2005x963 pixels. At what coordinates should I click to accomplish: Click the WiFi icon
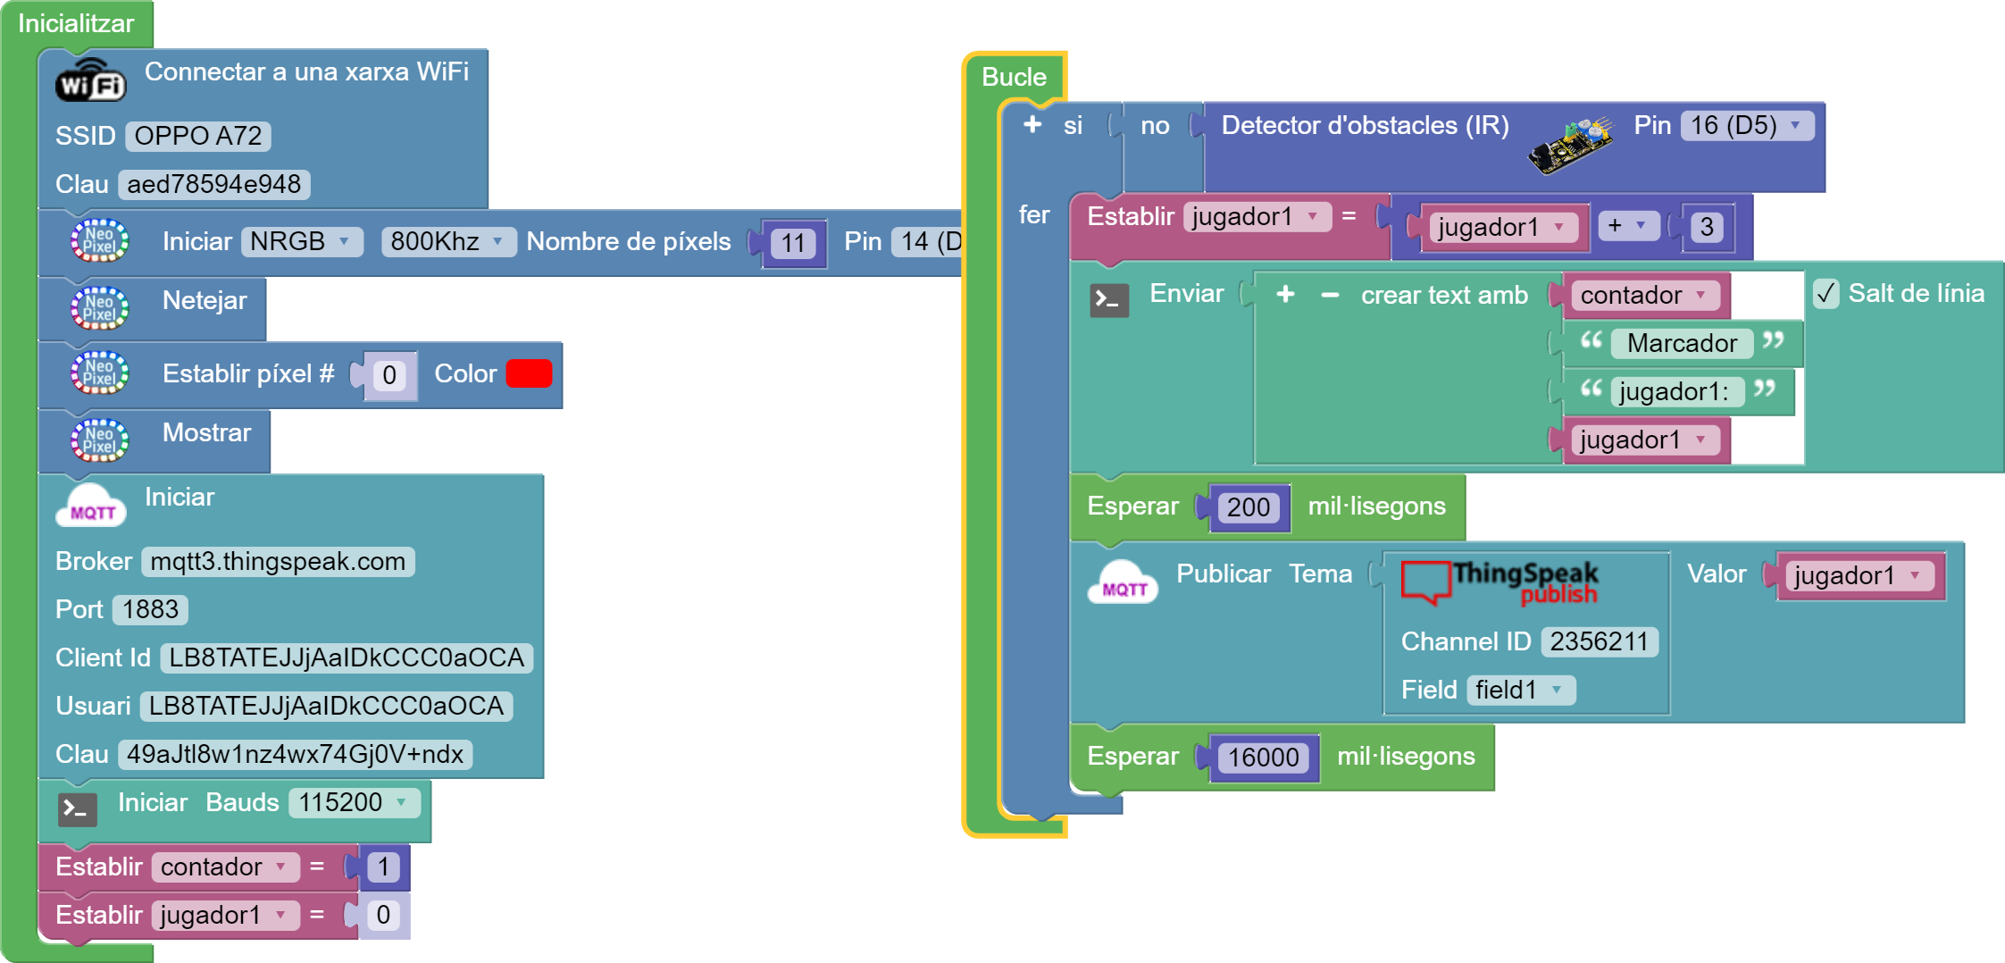(90, 80)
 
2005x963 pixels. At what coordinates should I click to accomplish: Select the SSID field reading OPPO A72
(197, 136)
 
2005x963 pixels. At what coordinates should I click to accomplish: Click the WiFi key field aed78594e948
(213, 184)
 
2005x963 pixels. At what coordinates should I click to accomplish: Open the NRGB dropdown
(301, 241)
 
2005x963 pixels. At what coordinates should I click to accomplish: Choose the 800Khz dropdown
(447, 241)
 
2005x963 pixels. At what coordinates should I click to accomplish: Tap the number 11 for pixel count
(793, 243)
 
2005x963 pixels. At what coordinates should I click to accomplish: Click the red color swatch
(529, 373)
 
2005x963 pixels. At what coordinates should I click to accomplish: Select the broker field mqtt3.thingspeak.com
(278, 561)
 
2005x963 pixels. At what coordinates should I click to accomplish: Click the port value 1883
(150, 609)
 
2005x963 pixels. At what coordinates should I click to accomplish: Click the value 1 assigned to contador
(383, 867)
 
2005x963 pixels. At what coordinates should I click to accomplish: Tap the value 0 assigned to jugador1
(383, 915)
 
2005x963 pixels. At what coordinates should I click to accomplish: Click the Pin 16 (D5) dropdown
(1746, 125)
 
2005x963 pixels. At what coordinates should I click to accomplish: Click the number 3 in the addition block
(1707, 227)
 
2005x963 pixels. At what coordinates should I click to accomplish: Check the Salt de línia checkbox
(1826, 293)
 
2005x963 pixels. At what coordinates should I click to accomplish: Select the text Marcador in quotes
(1682, 343)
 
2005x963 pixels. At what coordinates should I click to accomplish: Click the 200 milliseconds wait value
(1248, 507)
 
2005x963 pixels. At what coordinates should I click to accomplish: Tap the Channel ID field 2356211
(1599, 641)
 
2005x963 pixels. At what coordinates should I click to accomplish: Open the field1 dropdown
(1519, 690)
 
